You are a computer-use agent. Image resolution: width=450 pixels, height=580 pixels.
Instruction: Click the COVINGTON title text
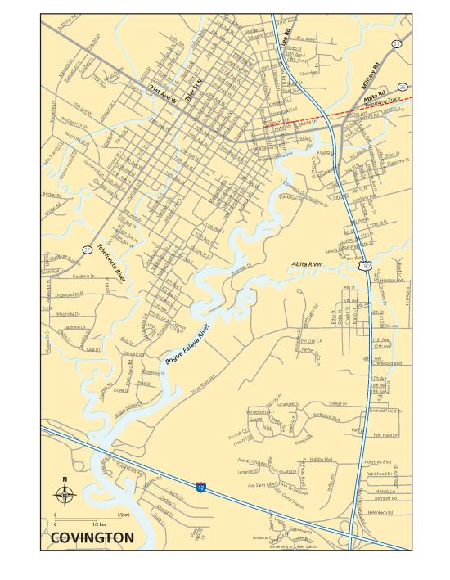[x=92, y=537]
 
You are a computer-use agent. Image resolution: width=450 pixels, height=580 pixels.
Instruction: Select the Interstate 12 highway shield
[x=200, y=488]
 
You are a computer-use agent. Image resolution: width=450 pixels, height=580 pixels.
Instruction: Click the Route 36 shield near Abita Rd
[x=402, y=85]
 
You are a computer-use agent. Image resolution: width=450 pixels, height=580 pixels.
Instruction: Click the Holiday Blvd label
[x=321, y=460]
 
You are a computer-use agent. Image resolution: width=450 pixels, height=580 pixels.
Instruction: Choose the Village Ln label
[x=338, y=403]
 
